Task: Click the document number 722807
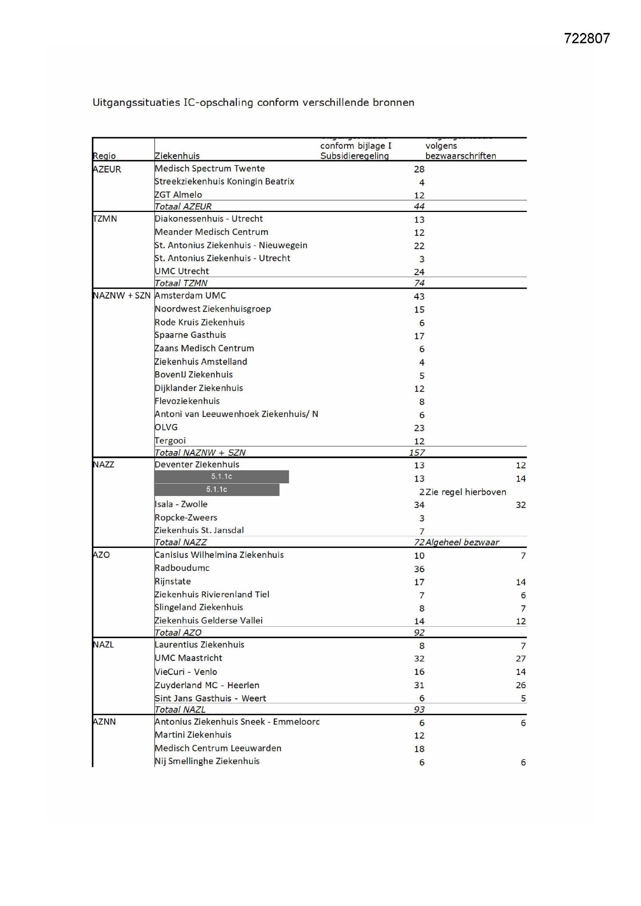click(x=586, y=38)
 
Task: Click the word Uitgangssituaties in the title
click(x=136, y=103)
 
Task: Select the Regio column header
click(x=104, y=156)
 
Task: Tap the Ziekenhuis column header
click(x=177, y=156)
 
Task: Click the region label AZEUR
click(x=107, y=169)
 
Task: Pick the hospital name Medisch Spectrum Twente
click(x=210, y=169)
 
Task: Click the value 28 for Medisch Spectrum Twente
click(x=419, y=169)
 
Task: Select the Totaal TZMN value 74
click(x=419, y=283)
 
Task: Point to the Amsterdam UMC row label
click(x=190, y=296)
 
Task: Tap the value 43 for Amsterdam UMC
click(x=419, y=296)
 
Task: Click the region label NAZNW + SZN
click(x=122, y=296)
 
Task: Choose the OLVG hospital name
click(x=166, y=427)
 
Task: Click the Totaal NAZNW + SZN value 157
click(x=417, y=453)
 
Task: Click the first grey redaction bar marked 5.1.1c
click(x=221, y=477)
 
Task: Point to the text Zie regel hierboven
click(x=466, y=492)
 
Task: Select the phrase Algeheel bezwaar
click(x=462, y=542)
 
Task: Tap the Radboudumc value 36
click(x=419, y=569)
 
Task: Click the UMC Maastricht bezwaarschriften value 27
click(x=520, y=659)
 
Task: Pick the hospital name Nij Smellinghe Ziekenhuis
click(x=207, y=761)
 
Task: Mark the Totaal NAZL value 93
click(x=419, y=710)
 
